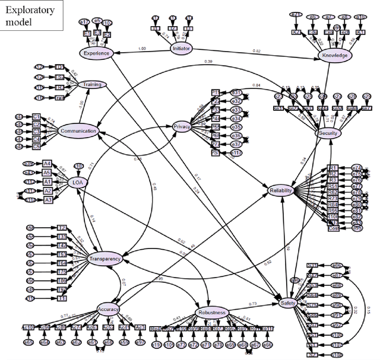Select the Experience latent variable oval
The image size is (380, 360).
96,52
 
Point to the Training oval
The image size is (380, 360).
92,85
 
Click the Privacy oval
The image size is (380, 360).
181,127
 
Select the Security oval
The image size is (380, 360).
328,133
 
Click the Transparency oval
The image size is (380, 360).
104,259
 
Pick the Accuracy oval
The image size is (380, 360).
108,308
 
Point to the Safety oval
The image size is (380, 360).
287,302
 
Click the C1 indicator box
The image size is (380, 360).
37,117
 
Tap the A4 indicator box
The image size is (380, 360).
46,164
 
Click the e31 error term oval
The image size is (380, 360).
235,93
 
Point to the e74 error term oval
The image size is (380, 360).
356,168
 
